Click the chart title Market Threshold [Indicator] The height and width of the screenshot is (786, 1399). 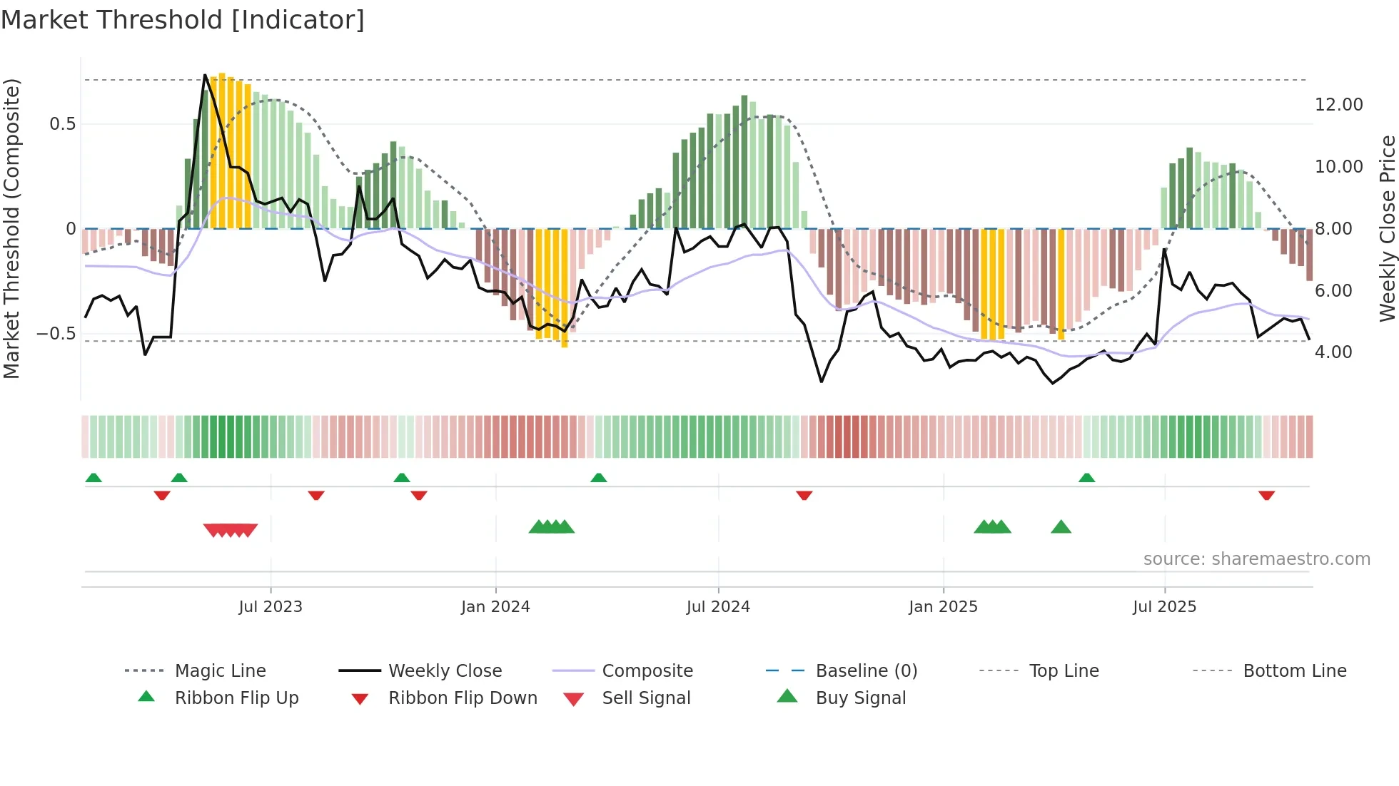pyautogui.click(x=183, y=20)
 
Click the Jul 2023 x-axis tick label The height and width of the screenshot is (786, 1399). pyautogui.click(x=271, y=607)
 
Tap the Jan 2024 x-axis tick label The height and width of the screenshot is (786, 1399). pyautogui.click(x=495, y=607)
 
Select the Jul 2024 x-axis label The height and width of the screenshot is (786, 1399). pyautogui.click(x=718, y=607)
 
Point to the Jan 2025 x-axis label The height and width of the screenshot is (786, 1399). pyautogui.click(x=943, y=607)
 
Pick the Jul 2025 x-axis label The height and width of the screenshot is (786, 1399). pyautogui.click(x=1164, y=607)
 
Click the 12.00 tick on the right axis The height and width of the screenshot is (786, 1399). pyautogui.click(x=1338, y=105)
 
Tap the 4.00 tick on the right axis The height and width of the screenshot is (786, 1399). pyautogui.click(x=1333, y=352)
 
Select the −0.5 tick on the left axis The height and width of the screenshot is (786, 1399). pyautogui.click(x=56, y=334)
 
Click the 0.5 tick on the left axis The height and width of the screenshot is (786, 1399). pyautogui.click(x=62, y=124)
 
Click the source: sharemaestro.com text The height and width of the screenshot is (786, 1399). pyautogui.click(x=1256, y=559)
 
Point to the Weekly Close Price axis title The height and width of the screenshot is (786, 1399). pyautogui.click(x=1387, y=228)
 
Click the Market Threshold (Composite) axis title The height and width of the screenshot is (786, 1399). pyautogui.click(x=11, y=228)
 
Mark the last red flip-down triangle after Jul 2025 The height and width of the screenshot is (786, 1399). pyautogui.click(x=1266, y=495)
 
